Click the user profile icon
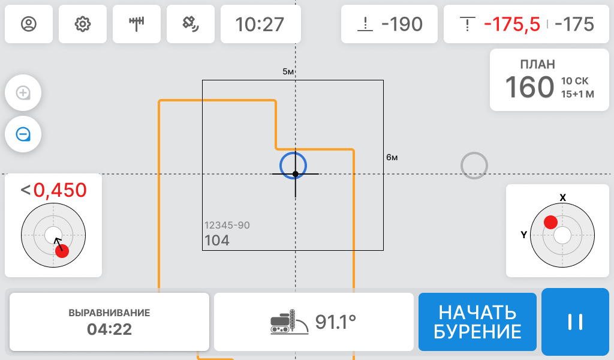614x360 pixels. click(29, 24)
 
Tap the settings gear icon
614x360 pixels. click(83, 24)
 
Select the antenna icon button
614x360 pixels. click(137, 24)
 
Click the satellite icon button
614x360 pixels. click(191, 24)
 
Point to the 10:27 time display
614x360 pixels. click(260, 24)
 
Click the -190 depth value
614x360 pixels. click(402, 24)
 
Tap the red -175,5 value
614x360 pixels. click(512, 24)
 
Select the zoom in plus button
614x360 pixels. click(23, 93)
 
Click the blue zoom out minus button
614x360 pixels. click(23, 134)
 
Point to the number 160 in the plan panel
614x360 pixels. click(529, 87)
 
